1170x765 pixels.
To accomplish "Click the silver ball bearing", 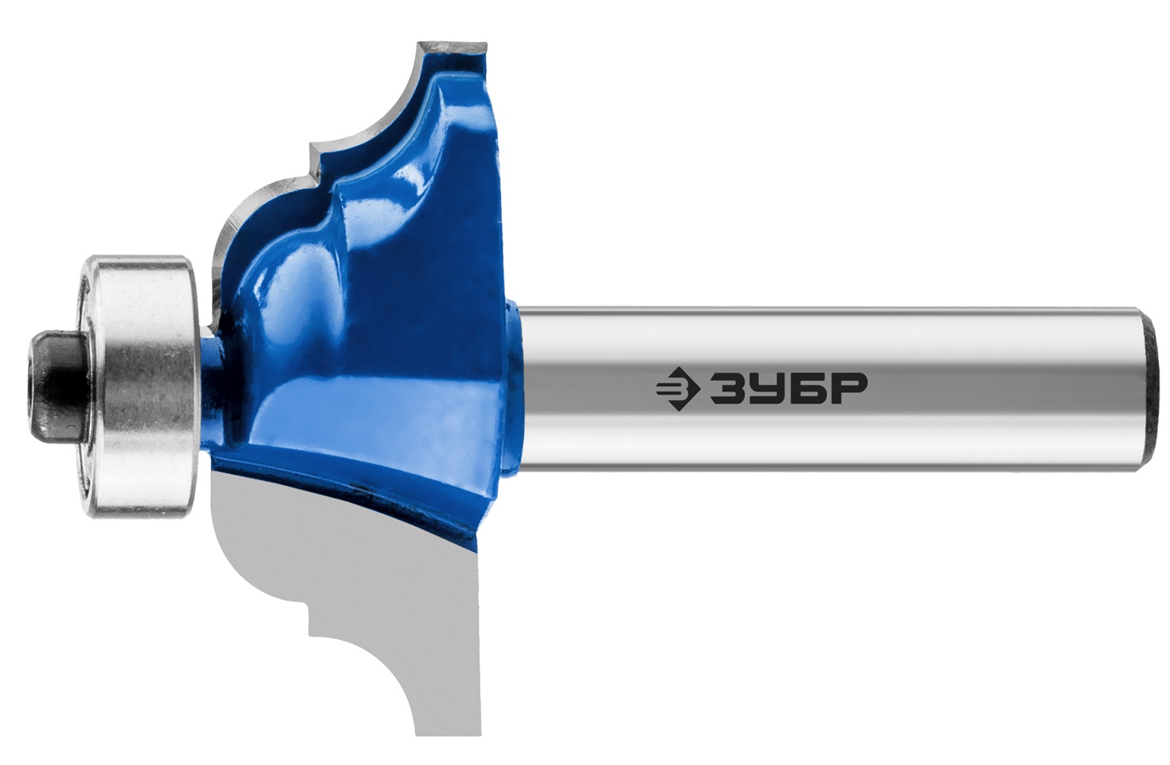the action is (x=141, y=387).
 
